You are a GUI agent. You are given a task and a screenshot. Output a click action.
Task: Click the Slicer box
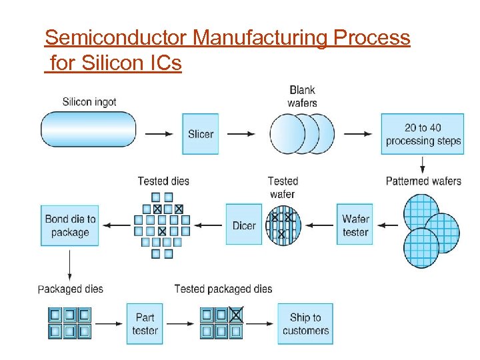[200, 134]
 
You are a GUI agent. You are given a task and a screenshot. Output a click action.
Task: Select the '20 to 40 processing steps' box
[423, 134]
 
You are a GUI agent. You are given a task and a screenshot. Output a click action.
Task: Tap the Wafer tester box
[355, 225]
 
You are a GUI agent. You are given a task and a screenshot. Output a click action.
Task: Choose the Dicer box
[244, 225]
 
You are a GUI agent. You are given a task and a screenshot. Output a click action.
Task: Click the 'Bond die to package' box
[70, 225]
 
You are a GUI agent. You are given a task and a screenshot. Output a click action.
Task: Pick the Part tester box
[145, 324]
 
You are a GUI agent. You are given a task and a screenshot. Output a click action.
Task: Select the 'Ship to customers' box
[305, 324]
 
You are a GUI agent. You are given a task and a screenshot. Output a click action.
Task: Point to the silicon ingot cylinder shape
[88, 129]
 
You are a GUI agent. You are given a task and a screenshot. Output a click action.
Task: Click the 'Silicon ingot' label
[89, 102]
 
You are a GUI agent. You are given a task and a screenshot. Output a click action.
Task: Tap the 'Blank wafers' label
[302, 96]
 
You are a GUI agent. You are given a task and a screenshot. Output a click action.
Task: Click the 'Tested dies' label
[163, 181]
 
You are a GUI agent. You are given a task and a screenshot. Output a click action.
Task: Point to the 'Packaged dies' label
[71, 289]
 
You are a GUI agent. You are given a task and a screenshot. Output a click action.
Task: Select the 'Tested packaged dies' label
[223, 289]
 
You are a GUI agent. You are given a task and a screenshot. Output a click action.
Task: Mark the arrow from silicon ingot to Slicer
[159, 134]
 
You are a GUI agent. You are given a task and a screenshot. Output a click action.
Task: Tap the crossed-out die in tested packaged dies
[236, 314]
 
